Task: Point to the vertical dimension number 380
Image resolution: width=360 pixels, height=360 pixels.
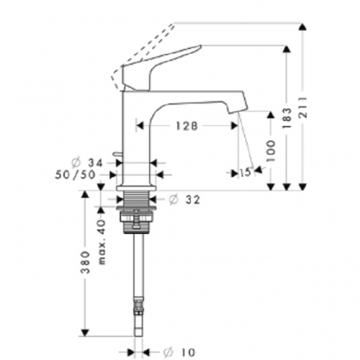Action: pyautogui.click(x=85, y=265)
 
